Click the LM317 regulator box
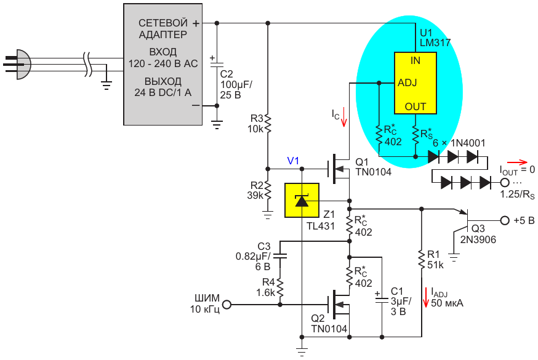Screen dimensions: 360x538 416,83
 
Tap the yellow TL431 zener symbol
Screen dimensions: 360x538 302,201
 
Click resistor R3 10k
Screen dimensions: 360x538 268,123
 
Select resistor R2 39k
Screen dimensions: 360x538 268,190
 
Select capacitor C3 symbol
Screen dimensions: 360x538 280,254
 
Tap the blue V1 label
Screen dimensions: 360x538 293,161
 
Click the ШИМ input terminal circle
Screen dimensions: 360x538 227,304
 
